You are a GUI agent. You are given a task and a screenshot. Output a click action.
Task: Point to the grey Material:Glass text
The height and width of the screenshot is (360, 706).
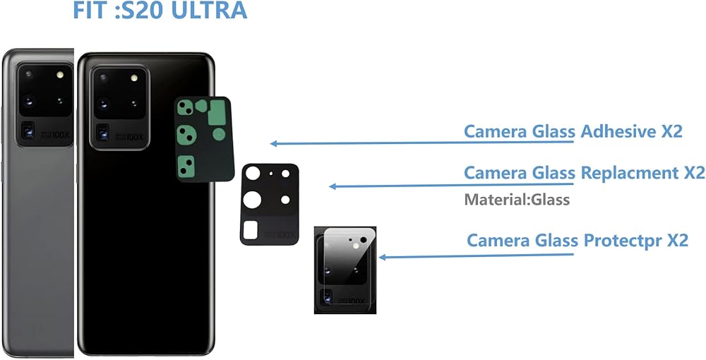pyautogui.click(x=517, y=200)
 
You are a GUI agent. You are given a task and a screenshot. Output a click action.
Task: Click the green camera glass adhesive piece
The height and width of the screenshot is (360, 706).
pyautogui.click(x=203, y=139)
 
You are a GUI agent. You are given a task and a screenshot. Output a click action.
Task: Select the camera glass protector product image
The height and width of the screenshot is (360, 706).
pyautogui.click(x=345, y=270)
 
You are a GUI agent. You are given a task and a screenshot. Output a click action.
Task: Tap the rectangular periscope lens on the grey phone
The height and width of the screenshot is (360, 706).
pyautogui.click(x=30, y=130)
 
